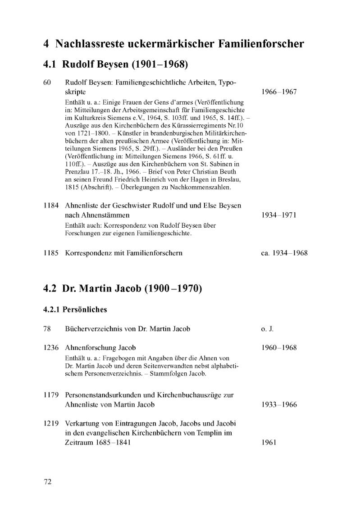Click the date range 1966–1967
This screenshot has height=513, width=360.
(279, 92)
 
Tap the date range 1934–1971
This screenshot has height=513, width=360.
(279, 215)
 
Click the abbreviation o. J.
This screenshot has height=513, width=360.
(267, 329)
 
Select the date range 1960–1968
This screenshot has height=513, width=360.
(279, 348)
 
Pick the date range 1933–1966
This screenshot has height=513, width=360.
(279, 404)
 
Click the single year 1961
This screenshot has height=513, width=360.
(269, 442)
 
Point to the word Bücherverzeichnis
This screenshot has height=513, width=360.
(96, 329)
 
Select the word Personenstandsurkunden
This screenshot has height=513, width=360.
(106, 395)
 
